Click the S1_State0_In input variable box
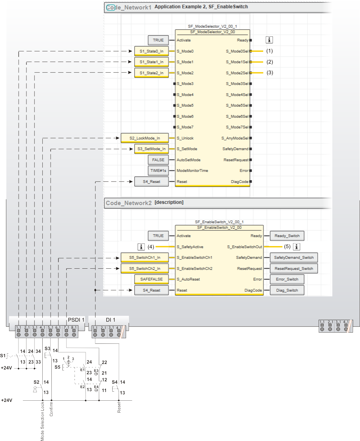[151, 51]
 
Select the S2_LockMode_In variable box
[145, 138]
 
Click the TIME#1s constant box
[158, 171]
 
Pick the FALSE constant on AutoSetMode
[158, 160]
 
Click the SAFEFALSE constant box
[151, 279]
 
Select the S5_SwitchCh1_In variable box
[145, 258]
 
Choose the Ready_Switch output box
[287, 236]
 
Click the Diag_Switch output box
[287, 290]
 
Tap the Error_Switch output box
[287, 279]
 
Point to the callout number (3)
[270, 73]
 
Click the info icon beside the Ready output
[270, 40]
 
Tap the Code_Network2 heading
[129, 203]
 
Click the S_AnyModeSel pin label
[235, 138]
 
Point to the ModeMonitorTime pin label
[192, 171]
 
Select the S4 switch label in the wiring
[114, 382]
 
